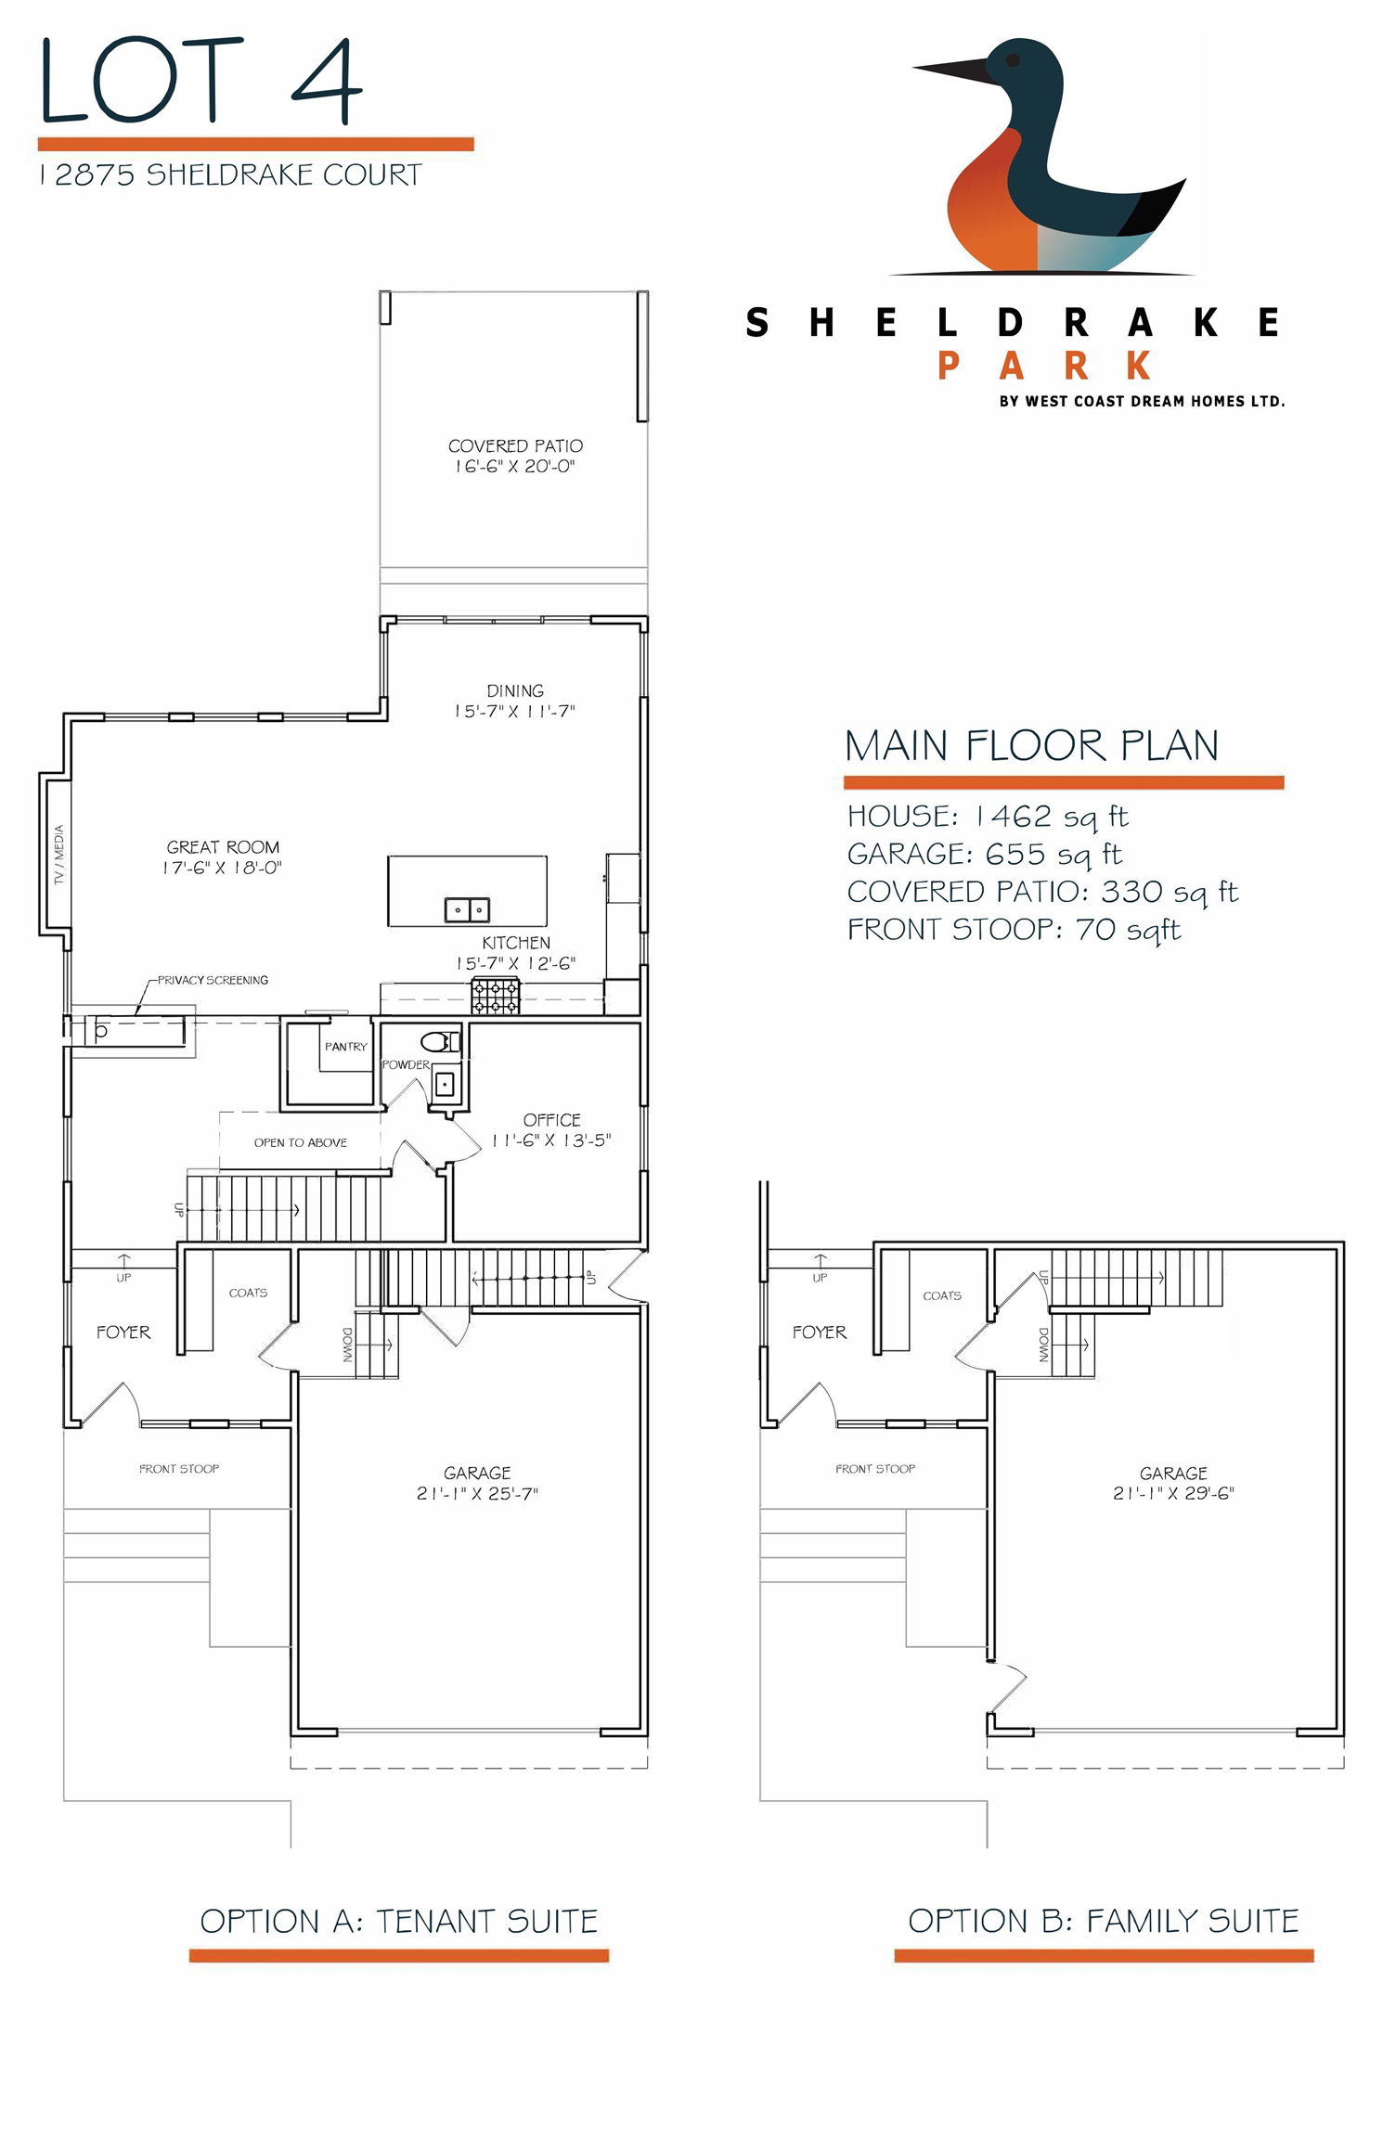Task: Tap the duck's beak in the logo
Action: click(951, 69)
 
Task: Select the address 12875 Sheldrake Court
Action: click(230, 174)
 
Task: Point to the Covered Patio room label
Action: click(515, 445)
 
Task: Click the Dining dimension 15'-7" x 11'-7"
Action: click(515, 712)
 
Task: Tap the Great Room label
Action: click(223, 846)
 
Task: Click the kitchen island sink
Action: click(467, 909)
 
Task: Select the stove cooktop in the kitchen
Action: click(497, 997)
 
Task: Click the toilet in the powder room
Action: click(440, 1041)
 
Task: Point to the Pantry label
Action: click(346, 1047)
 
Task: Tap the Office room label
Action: click(552, 1120)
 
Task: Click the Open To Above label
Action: click(301, 1142)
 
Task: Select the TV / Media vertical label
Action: click(58, 855)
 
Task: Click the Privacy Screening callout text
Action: click(213, 980)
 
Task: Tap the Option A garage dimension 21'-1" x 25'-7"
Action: click(477, 1494)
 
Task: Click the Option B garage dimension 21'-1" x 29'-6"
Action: click(1173, 1494)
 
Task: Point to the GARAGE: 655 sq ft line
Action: click(985, 854)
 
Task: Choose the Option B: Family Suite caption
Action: click(1104, 1921)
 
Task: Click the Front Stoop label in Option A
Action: click(179, 1469)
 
